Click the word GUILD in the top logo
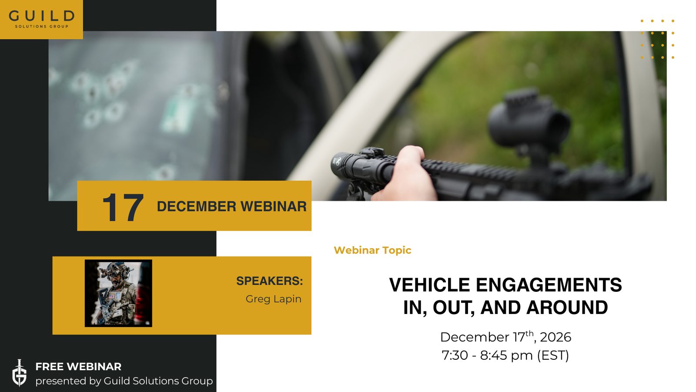point(42,16)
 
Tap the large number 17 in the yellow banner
point(123,207)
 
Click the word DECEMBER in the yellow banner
point(196,206)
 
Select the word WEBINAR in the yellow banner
point(274,206)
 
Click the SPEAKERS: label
point(269,281)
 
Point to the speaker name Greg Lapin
point(274,299)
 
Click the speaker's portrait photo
point(118,293)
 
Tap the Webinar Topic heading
point(372,250)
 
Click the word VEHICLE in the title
point(429,285)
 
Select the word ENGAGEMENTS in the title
point(549,285)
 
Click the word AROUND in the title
point(567,308)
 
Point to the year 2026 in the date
point(555,337)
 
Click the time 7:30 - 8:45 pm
point(487,355)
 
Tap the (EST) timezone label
point(553,355)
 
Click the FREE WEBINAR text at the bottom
point(78,367)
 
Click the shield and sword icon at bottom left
point(19,373)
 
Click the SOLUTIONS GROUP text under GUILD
point(42,27)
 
